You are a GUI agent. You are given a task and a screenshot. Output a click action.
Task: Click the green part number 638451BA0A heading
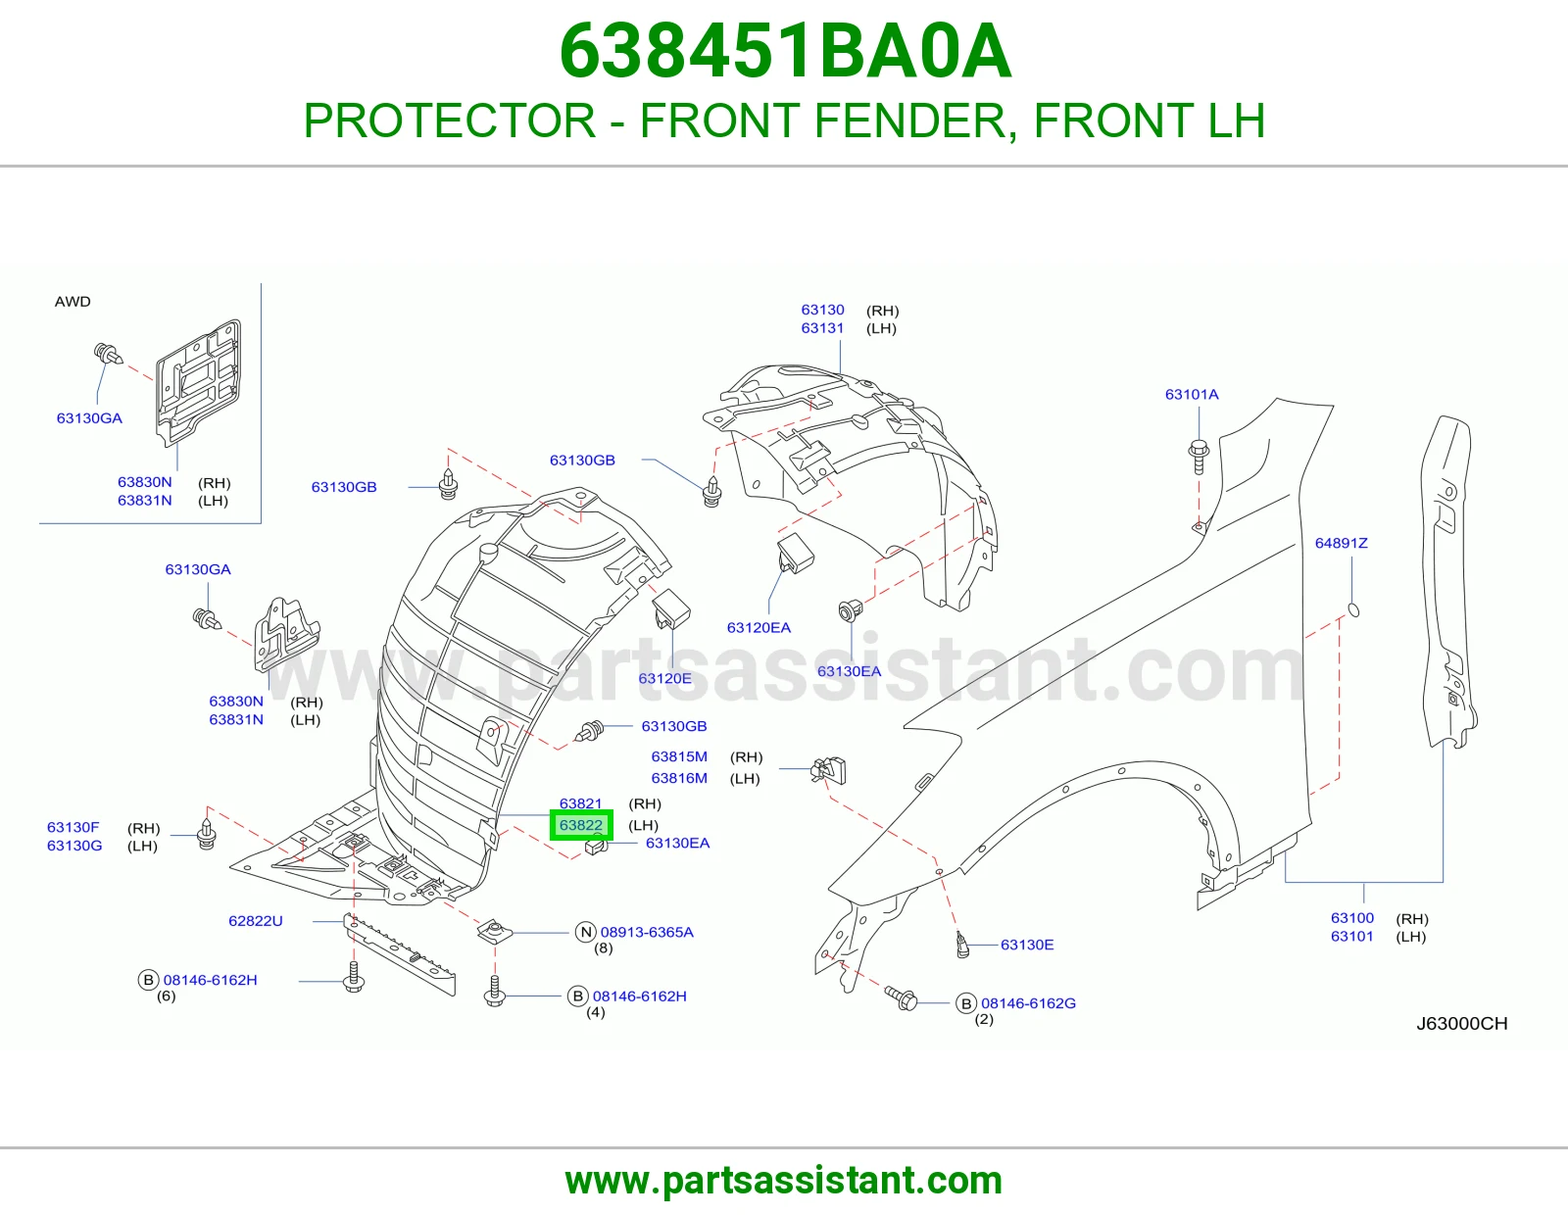point(785,52)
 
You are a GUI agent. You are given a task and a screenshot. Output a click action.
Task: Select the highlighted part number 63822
point(581,825)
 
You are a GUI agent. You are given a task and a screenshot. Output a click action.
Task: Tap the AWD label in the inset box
point(73,302)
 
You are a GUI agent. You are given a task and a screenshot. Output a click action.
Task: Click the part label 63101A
point(1192,395)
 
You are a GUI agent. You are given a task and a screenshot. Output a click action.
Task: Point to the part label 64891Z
point(1341,543)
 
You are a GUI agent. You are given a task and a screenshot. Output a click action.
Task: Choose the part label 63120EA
point(759,628)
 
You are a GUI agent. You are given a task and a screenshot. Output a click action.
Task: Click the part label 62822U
point(256,921)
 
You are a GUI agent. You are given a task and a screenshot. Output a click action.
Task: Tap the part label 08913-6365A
point(647,932)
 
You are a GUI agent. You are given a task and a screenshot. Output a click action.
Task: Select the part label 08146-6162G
point(1028,1003)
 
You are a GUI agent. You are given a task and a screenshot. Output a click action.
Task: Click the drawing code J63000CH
point(1462,1024)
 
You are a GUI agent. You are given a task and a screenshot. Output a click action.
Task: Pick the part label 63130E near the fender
point(1027,945)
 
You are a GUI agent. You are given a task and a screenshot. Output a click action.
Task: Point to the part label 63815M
point(679,756)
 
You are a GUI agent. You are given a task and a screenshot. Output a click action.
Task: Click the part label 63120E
point(664,678)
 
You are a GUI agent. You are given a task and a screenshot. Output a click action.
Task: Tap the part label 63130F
point(73,827)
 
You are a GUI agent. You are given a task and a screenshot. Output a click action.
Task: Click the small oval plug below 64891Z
point(1353,610)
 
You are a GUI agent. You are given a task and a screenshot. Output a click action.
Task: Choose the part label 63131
point(822,327)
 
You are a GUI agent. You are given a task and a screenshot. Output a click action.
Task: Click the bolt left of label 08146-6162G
point(902,998)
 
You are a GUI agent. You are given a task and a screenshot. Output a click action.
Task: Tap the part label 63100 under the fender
point(1351,918)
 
